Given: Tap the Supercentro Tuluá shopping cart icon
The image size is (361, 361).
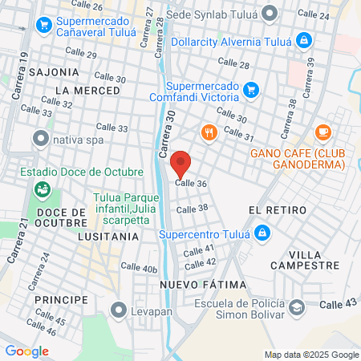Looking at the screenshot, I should coord(261,234).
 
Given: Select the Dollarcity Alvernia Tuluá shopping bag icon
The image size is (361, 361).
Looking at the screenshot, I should coord(303,39).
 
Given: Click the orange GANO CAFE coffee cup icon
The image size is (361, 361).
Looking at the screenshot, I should coord(323,132).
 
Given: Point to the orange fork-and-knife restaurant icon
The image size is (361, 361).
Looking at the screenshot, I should coord(209,133).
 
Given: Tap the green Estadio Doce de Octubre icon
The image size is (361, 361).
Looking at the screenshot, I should coord(41,190).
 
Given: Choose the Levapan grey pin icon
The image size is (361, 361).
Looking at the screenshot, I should coord(120,309).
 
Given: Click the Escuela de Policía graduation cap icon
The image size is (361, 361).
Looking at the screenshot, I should coord(298,307).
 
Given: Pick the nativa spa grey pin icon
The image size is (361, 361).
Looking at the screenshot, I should coord(40,140).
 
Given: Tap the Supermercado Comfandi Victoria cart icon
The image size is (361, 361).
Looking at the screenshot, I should coord(251,89).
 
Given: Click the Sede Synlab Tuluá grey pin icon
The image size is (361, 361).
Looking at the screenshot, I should coord(270,13).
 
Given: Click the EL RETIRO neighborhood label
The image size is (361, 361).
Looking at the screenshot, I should coord(278,209).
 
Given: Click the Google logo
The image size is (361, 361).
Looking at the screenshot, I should coord(26,351).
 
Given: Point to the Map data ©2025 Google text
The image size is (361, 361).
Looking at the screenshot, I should coord(312,355).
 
